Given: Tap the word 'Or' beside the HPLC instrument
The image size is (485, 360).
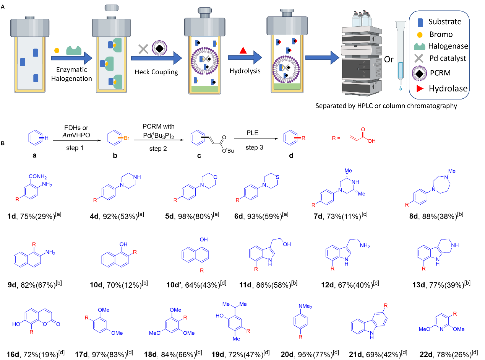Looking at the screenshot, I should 388,60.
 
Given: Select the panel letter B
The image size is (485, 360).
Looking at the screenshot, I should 3,143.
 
